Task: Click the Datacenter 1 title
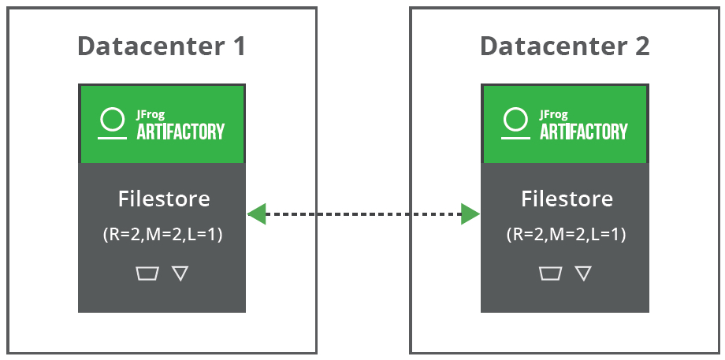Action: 162,46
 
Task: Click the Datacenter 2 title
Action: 564,46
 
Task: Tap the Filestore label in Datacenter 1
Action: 164,199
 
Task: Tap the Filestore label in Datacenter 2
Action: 567,199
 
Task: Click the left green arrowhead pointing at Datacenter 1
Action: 256,213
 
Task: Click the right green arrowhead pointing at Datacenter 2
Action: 470,213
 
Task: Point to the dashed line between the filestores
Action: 363,213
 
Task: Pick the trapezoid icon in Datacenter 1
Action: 147,273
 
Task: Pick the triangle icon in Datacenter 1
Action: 180,273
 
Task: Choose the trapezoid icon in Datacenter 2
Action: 550,273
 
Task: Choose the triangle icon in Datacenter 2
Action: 583,273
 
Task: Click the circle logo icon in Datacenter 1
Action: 112,121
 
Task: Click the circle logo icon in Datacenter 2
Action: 515,121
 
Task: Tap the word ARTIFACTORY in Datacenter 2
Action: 583,131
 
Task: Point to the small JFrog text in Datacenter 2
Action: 553,114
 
